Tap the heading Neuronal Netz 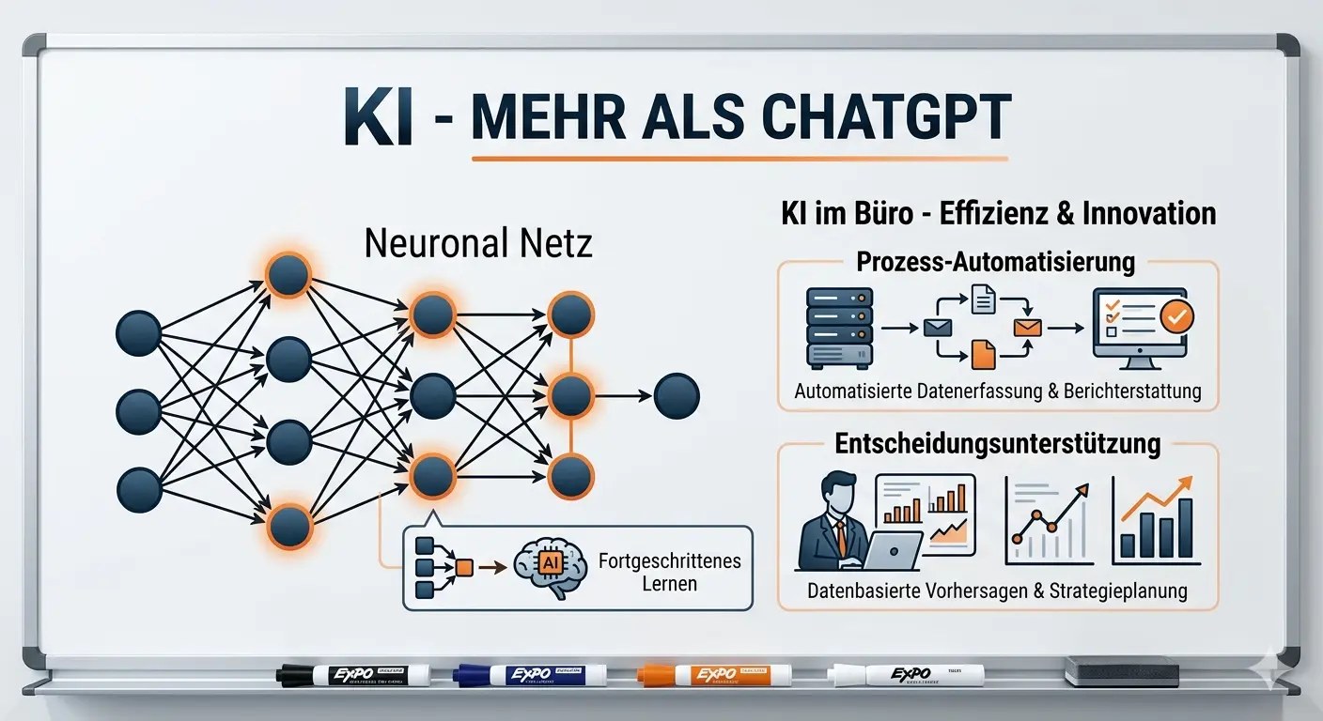pyautogui.click(x=477, y=243)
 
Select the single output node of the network pyautogui.click(x=677, y=396)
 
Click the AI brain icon pyautogui.click(x=550, y=566)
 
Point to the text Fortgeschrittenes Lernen pyautogui.click(x=669, y=572)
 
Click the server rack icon pyautogui.click(x=839, y=328)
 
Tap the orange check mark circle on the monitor pyautogui.click(x=1175, y=316)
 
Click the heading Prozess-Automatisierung pyautogui.click(x=995, y=262)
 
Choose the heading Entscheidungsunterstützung pyautogui.click(x=998, y=443)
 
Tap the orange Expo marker pyautogui.click(x=713, y=674)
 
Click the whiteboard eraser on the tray pyautogui.click(x=1121, y=670)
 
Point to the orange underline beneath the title pyautogui.click(x=739, y=158)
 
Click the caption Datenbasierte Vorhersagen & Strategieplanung pyautogui.click(x=997, y=591)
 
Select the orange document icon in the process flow pyautogui.click(x=983, y=354)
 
